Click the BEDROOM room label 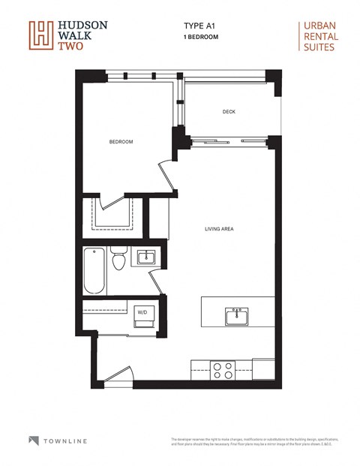[121, 142]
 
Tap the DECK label [229, 113]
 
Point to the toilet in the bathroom [118, 260]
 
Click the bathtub [94, 270]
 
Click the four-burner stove [223, 370]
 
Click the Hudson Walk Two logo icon [40, 35]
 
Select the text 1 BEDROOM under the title [201, 36]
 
